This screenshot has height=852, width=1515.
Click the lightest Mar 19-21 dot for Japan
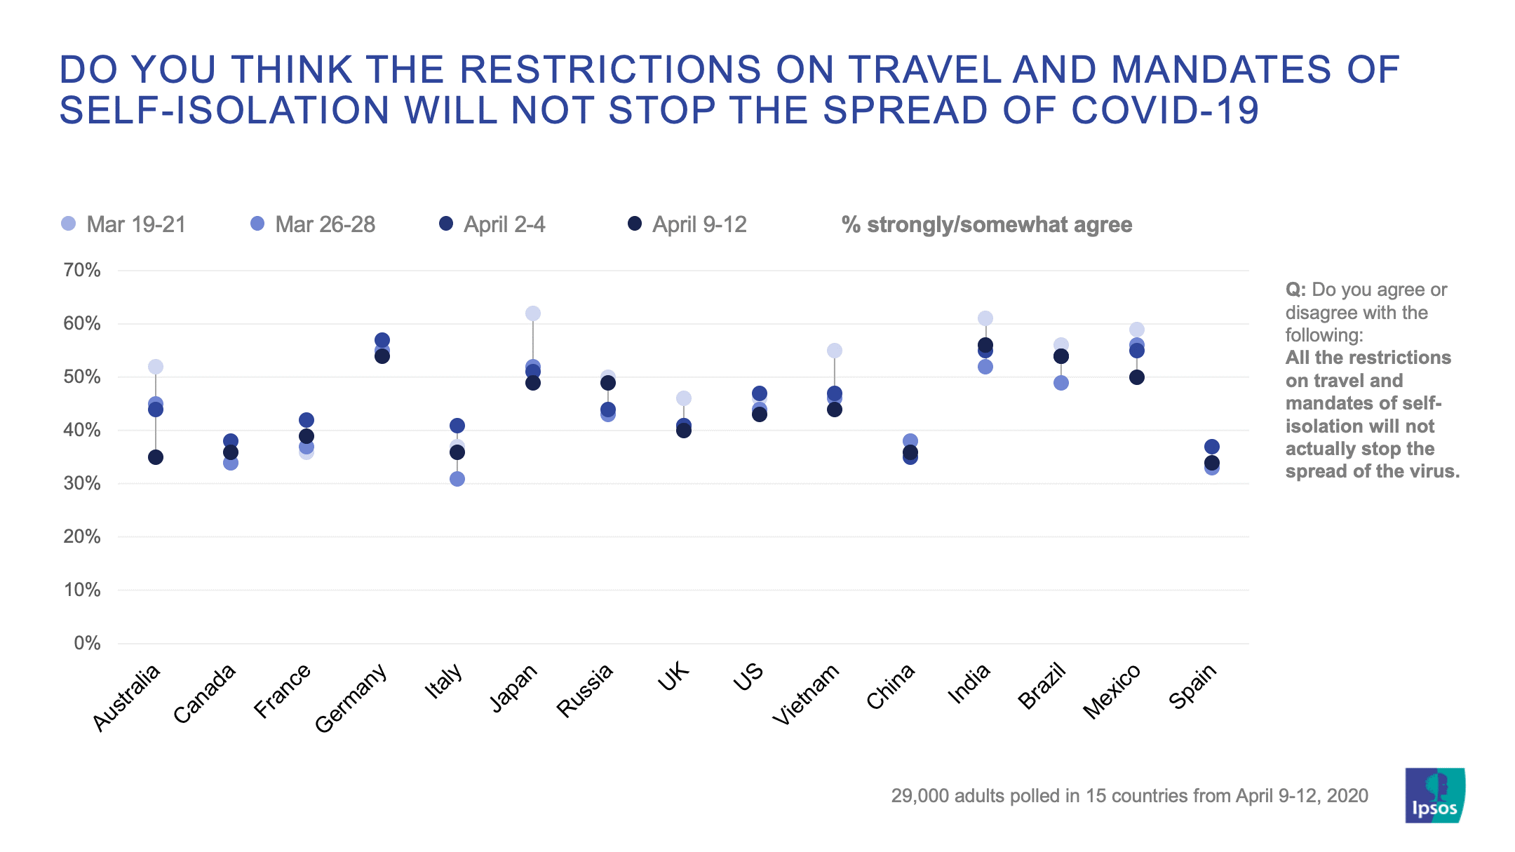532,313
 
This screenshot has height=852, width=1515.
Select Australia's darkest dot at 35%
156,457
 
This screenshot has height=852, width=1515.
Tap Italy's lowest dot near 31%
457,479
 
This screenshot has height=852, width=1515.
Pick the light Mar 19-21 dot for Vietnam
835,351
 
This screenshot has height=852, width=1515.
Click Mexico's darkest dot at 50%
1137,377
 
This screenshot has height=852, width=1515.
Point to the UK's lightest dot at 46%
684,398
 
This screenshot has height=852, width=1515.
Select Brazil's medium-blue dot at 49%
1061,383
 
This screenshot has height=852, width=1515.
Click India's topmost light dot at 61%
985,318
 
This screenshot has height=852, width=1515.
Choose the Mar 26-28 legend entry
313,224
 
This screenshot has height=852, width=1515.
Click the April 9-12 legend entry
687,224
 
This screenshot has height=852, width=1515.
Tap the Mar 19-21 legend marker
69,224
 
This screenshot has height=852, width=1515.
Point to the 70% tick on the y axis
82,271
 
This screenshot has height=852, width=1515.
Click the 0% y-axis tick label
87,643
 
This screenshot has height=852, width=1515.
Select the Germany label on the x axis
351,698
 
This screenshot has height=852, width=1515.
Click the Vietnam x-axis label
807,694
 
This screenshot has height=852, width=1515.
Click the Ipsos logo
1434,795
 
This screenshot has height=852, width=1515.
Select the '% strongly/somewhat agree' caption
986,224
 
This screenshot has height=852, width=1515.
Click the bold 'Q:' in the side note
1295,290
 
